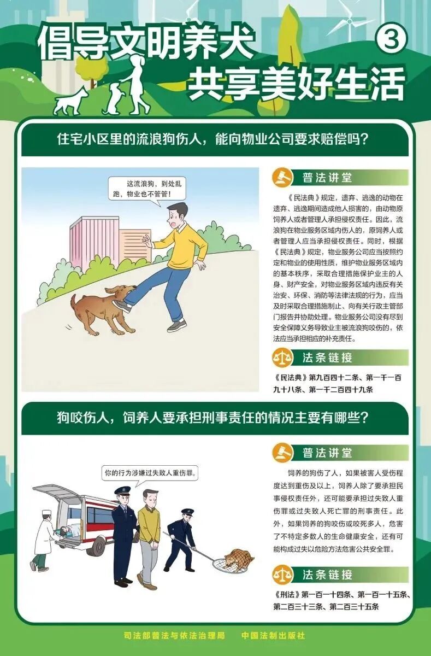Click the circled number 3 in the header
391,39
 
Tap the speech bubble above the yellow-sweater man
147,189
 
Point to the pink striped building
94,243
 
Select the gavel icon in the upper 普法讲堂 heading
282,177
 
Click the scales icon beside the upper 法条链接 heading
282,358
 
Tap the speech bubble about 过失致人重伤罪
150,473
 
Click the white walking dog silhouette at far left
71,101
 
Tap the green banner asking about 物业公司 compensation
215,140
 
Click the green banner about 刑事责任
215,418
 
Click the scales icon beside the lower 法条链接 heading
282,575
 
